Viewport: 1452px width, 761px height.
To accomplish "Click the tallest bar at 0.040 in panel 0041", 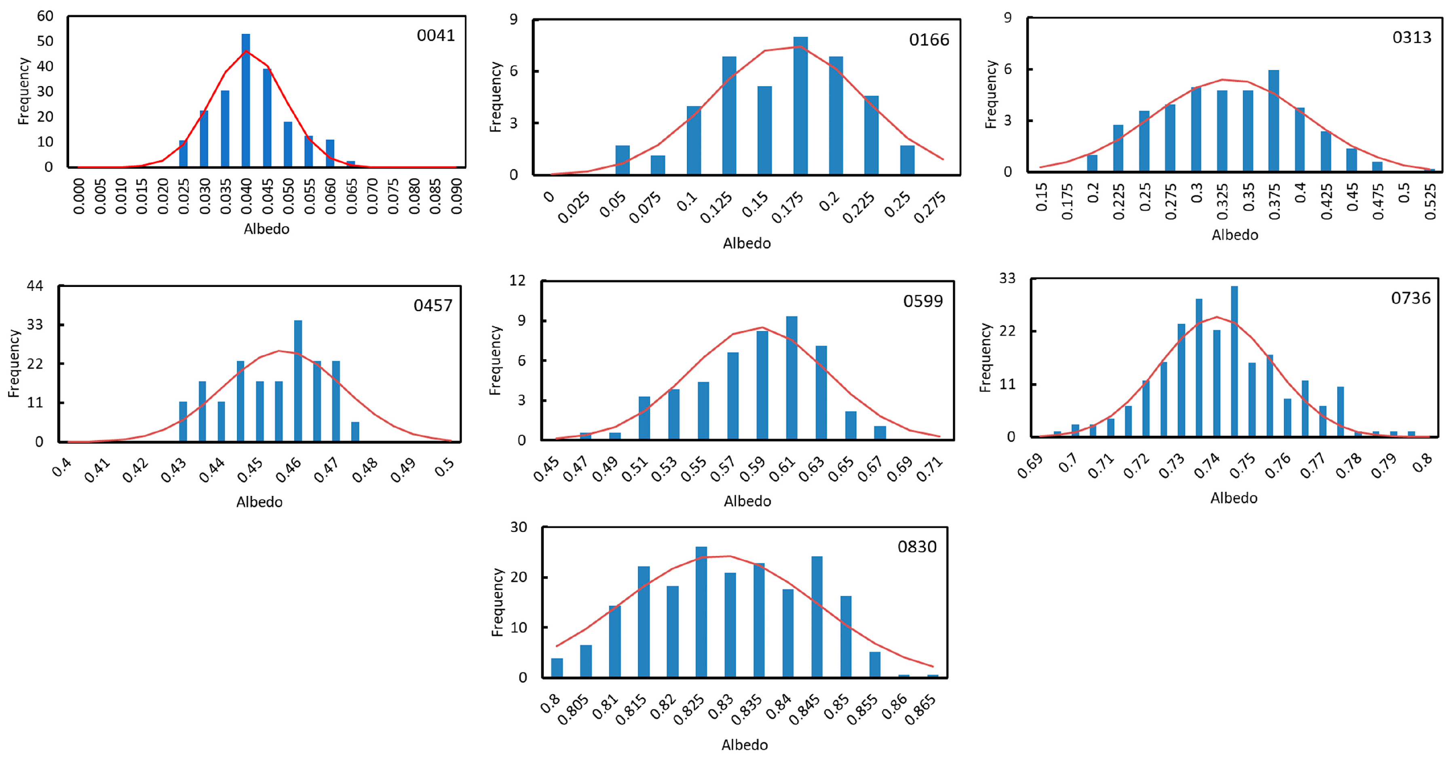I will click(246, 101).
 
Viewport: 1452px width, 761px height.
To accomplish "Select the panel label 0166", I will click(929, 40).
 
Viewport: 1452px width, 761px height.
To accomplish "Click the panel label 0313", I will click(1412, 37).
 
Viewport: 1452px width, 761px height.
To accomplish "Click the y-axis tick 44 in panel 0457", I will click(35, 286).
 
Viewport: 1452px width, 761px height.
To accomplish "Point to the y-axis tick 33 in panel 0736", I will click(1007, 278).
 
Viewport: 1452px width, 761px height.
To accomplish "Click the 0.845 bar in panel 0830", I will click(817, 617).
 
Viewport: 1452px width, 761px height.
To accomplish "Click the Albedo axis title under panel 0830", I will click(745, 745).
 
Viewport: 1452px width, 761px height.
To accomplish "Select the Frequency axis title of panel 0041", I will click(23, 91).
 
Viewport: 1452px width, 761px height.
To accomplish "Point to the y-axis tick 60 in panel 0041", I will click(45, 16).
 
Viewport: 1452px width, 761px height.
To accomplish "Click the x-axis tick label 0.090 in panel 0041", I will click(456, 196).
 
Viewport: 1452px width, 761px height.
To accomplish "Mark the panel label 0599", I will click(923, 301).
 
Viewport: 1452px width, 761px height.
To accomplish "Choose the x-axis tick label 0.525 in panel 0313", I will click(1430, 201).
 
